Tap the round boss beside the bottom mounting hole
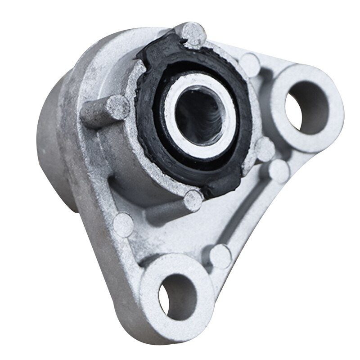tap(221, 255)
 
